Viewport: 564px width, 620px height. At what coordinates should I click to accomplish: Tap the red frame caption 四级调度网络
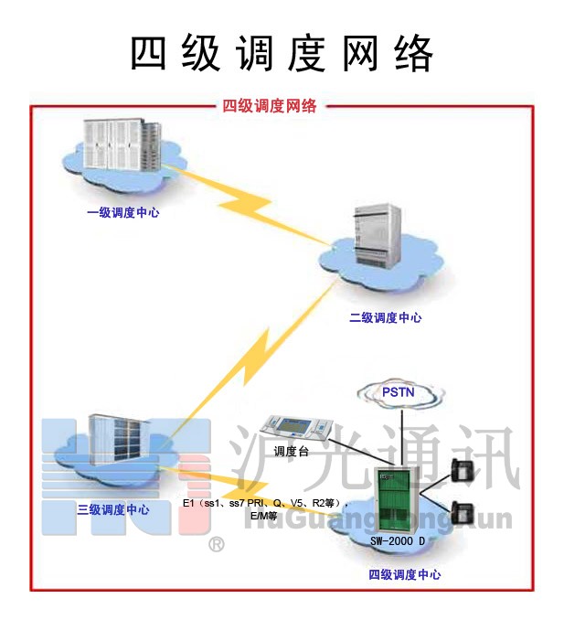click(x=270, y=106)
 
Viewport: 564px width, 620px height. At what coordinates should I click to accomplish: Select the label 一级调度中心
click(x=123, y=212)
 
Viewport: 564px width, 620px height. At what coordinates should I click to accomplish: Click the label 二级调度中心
click(x=387, y=317)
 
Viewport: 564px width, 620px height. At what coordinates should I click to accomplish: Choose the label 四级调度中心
click(x=405, y=574)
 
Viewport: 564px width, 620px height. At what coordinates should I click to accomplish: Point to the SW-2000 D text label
click(x=399, y=540)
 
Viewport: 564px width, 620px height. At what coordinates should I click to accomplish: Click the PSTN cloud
click(x=399, y=392)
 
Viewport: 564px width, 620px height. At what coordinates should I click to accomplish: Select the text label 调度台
click(x=293, y=451)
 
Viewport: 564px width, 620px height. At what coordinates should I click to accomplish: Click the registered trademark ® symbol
click(x=217, y=546)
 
